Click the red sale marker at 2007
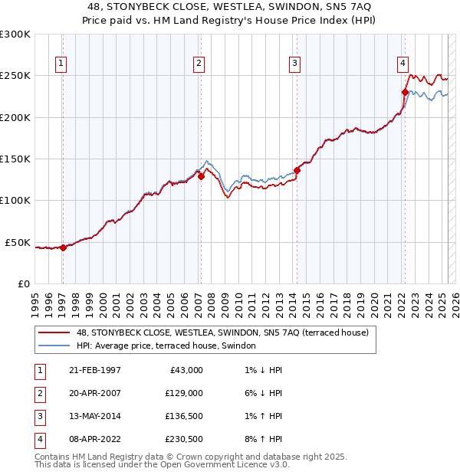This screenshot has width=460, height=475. coord(201,176)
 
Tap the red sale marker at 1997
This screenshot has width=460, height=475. coord(64,247)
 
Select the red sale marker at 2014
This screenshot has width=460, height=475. coord(297,170)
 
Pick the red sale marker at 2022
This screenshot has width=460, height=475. coord(404,92)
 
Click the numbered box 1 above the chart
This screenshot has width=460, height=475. coord(61,64)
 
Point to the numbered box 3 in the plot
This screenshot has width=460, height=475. coord(294,64)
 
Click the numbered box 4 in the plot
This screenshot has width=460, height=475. coord(402,64)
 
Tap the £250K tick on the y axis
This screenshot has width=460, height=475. coord(15,76)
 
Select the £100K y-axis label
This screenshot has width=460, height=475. coord(15,201)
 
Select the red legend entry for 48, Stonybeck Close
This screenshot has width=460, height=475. coord(222,332)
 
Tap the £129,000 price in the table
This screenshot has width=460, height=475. coord(183,393)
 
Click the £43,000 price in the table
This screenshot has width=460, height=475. coord(186,370)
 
